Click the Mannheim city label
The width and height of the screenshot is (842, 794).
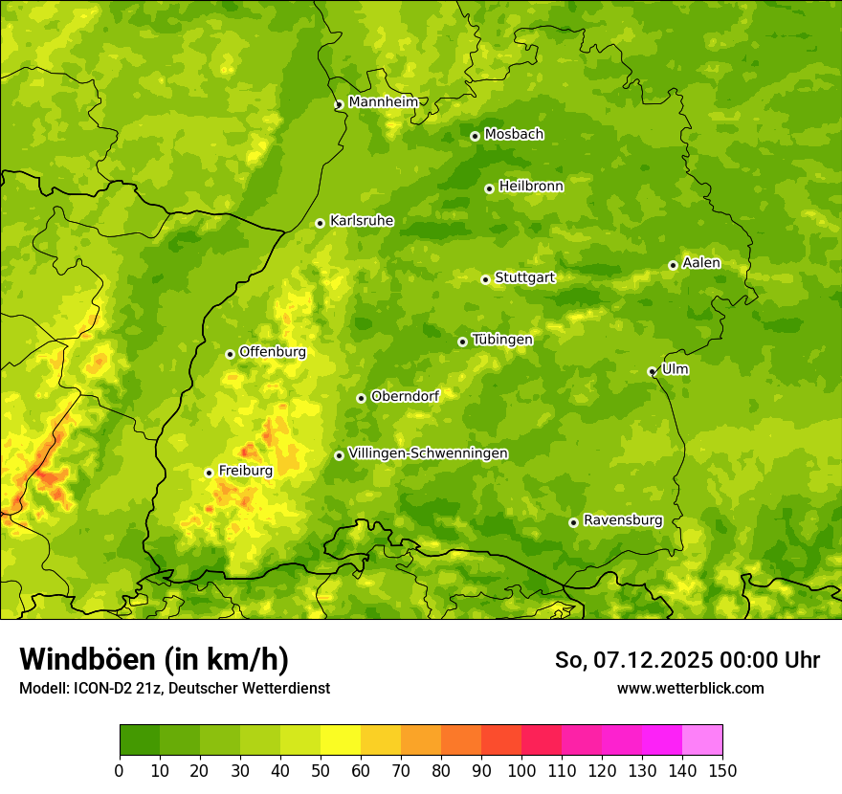(x=383, y=102)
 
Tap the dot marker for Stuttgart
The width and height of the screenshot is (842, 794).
(x=485, y=279)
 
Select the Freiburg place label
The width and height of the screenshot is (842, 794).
(x=245, y=471)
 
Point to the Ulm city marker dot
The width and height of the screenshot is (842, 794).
(x=652, y=371)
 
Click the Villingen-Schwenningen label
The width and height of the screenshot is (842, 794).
(x=428, y=453)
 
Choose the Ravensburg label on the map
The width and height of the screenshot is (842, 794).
(x=622, y=520)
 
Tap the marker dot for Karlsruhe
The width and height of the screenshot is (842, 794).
(x=320, y=223)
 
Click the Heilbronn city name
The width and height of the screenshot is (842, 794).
(x=531, y=187)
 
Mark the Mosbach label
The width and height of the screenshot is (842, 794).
(x=514, y=135)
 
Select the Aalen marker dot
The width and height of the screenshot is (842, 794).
(x=673, y=265)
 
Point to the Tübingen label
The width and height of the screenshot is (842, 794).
(x=502, y=340)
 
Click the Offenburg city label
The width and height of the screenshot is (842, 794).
(x=273, y=352)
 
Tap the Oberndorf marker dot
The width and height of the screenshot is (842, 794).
(x=361, y=398)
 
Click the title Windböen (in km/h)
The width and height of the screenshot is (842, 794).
(x=153, y=659)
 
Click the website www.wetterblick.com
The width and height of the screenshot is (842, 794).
(x=690, y=688)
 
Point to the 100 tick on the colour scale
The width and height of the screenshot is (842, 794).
(x=521, y=770)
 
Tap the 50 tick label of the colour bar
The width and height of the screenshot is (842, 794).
(x=321, y=770)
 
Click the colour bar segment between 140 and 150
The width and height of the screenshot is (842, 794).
(x=702, y=739)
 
